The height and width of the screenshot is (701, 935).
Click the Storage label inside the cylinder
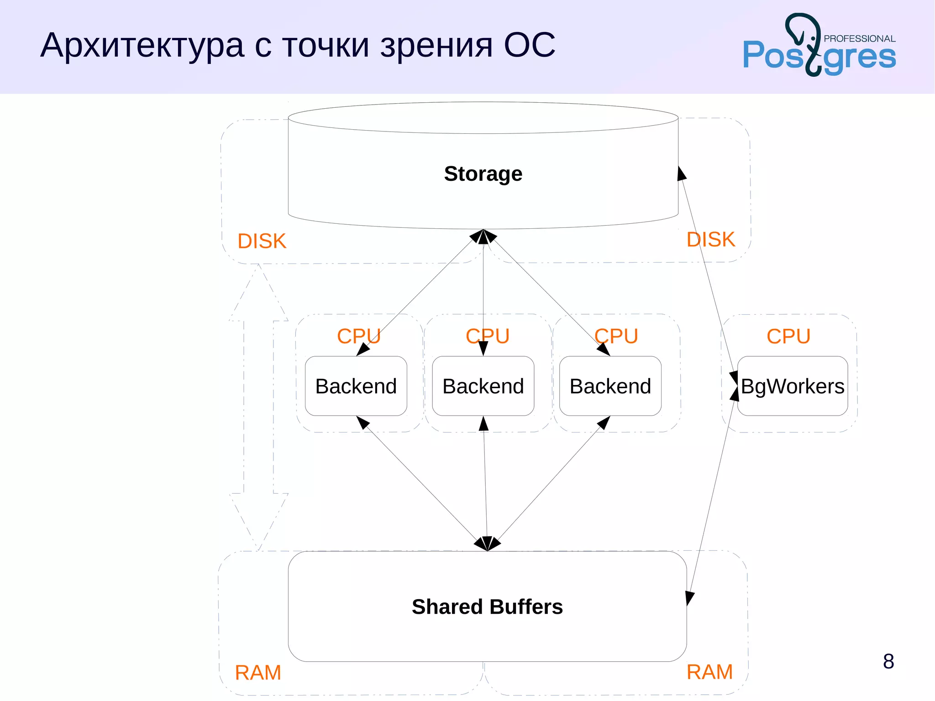pyautogui.click(x=483, y=174)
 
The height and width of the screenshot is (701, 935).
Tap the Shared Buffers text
pyautogui.click(x=487, y=607)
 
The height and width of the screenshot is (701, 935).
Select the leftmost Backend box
pyautogui.click(x=356, y=386)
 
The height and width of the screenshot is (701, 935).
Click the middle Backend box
pyautogui.click(x=483, y=386)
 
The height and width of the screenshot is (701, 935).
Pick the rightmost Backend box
pyautogui.click(x=610, y=386)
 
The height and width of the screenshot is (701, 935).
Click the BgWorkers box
pyautogui.click(x=793, y=386)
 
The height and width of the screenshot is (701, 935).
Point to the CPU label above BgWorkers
pyautogui.click(x=788, y=337)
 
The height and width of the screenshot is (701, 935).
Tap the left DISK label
pyautogui.click(x=262, y=241)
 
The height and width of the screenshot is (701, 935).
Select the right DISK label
pyautogui.click(x=711, y=240)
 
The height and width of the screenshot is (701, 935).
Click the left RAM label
pyautogui.click(x=258, y=673)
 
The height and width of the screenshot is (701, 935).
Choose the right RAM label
pyautogui.click(x=709, y=672)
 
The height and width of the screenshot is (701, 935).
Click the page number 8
pyautogui.click(x=888, y=661)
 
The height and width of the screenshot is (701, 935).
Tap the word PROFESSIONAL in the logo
pyautogui.click(x=859, y=39)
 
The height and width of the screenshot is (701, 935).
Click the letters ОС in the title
pyautogui.click(x=530, y=46)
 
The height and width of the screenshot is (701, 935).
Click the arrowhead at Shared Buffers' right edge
pyautogui.click(x=689, y=598)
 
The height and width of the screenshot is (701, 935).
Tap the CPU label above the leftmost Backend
pyautogui.click(x=358, y=337)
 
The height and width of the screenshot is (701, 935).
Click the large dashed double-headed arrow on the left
pyautogui.click(x=258, y=406)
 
